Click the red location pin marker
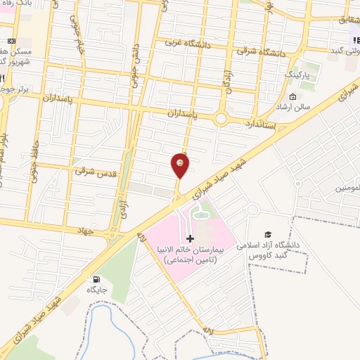click(x=181, y=165)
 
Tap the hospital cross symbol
click(x=190, y=239)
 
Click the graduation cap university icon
click(x=267, y=234)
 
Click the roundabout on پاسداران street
click(x=222, y=119)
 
